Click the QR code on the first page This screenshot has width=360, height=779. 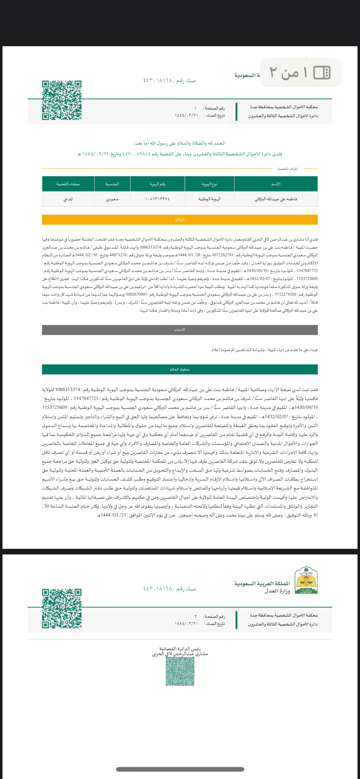[x=62, y=100]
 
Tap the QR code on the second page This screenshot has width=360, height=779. [x=62, y=609]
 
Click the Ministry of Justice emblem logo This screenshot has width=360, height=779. [x=306, y=580]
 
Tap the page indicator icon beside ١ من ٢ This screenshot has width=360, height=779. [x=322, y=73]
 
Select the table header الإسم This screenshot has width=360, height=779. [x=276, y=184]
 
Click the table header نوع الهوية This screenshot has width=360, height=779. [x=209, y=184]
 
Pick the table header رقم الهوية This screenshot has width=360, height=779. [x=158, y=184]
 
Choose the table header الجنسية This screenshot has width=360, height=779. [x=112, y=184]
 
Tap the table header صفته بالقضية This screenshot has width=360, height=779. [x=68, y=184]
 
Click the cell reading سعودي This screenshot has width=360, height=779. [x=112, y=199]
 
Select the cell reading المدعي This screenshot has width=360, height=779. [x=68, y=199]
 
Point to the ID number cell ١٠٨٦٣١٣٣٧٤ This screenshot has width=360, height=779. [x=158, y=199]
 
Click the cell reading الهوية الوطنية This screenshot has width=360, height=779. [x=209, y=199]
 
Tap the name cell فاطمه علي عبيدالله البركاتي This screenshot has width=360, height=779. [x=276, y=199]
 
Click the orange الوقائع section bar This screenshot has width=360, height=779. [x=180, y=220]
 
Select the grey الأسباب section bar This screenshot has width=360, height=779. [x=180, y=330]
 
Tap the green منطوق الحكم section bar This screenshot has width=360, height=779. [x=180, y=369]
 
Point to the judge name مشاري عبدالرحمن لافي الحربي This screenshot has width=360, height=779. [x=180, y=654]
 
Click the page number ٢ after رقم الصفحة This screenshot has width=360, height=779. [x=195, y=617]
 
